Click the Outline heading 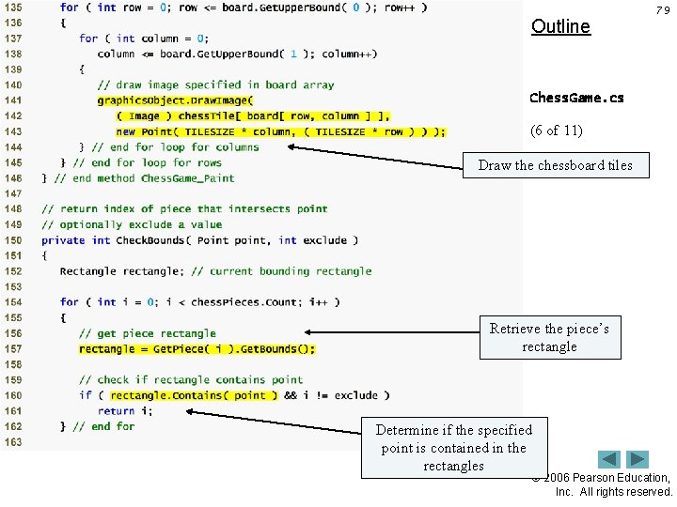[x=560, y=26]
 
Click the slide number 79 [x=663, y=10]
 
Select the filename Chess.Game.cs [x=575, y=98]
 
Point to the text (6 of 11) [x=556, y=131]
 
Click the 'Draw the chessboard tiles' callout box [x=555, y=165]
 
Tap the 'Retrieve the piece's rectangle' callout [x=549, y=338]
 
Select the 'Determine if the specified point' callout [x=453, y=447]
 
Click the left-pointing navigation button [x=610, y=460]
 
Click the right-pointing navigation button [x=638, y=460]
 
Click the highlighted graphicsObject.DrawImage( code [x=175, y=100]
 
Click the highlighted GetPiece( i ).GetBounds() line [x=197, y=349]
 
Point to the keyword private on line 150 [x=63, y=240]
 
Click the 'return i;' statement [x=117, y=410]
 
